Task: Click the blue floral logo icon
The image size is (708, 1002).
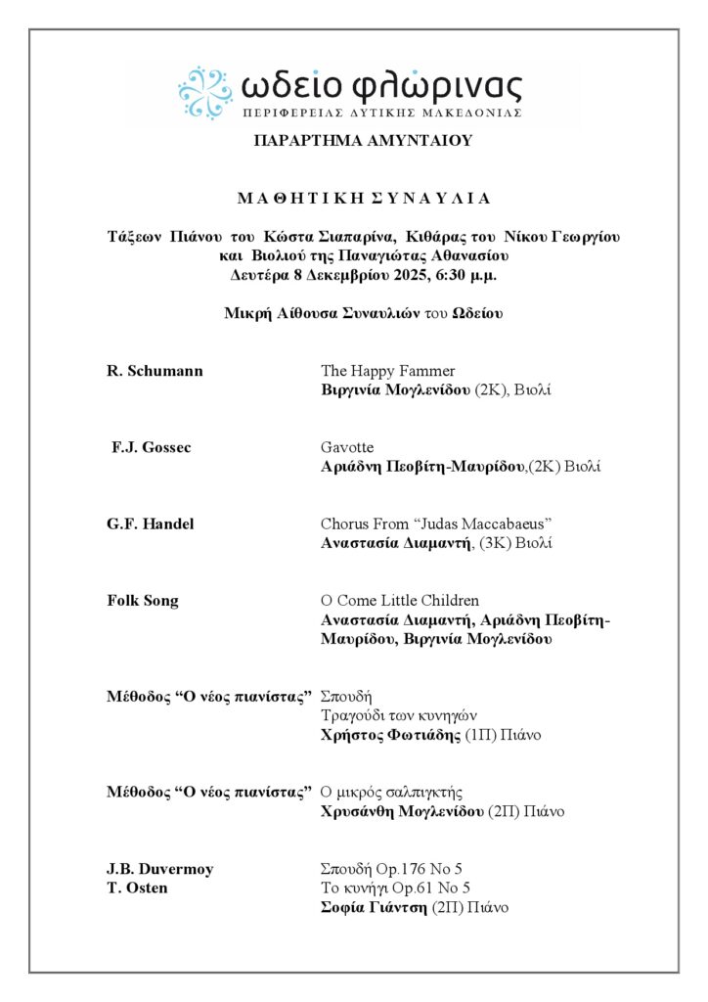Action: [204, 92]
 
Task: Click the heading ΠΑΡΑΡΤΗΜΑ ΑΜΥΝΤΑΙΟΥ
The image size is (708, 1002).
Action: [363, 141]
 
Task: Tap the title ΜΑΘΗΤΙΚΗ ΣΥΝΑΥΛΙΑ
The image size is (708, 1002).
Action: [363, 198]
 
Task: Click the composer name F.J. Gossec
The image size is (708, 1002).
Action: [152, 447]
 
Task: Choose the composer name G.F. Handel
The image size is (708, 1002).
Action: [151, 524]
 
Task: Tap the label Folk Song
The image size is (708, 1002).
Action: [143, 600]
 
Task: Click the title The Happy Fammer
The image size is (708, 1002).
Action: [388, 371]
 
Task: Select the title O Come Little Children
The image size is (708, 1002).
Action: [400, 600]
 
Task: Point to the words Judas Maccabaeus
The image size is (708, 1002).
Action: [472, 524]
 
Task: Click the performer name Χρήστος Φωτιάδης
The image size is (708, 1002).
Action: [388, 735]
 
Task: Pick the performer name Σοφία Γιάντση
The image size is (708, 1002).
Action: [375, 907]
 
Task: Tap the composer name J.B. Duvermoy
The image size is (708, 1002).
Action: [160, 869]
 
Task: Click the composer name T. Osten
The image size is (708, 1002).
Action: [137, 888]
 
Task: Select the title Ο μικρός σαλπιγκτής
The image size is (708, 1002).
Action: [391, 792]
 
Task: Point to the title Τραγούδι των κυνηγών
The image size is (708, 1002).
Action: [399, 715]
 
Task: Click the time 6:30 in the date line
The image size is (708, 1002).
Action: [435, 275]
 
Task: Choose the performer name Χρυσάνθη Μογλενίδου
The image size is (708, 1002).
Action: [402, 811]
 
